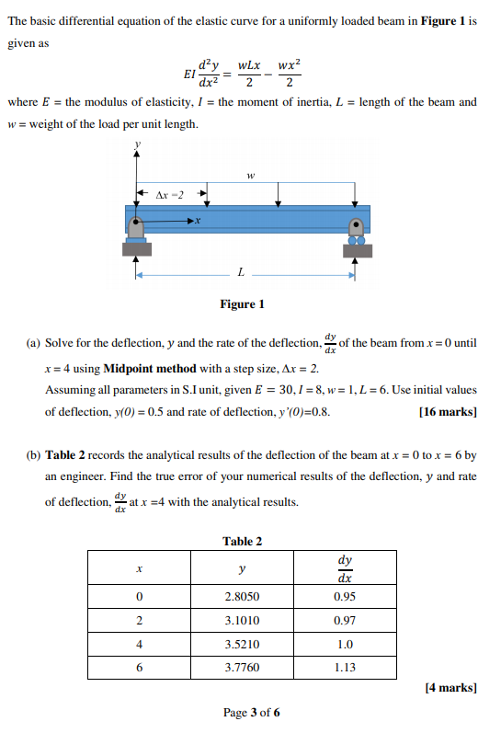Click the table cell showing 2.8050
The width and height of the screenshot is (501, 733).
[241, 596]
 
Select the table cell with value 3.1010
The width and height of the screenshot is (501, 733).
[241, 620]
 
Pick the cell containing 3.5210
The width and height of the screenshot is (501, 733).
[241, 644]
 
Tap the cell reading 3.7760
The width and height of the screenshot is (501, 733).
[241, 668]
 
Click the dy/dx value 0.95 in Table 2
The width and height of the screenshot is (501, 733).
[345, 596]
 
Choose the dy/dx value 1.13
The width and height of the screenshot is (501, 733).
[345, 668]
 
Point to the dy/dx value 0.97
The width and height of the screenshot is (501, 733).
[345, 620]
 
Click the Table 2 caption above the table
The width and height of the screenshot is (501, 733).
[243, 541]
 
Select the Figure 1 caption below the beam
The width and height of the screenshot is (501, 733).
[243, 304]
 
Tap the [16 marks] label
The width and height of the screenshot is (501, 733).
[448, 412]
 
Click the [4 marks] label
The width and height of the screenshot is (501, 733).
[450, 687]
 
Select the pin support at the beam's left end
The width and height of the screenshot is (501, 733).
[137, 231]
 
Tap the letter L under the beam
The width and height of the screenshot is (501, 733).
[241, 272]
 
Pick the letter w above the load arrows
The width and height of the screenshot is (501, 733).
[249, 173]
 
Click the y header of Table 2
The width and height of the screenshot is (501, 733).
[241, 569]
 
